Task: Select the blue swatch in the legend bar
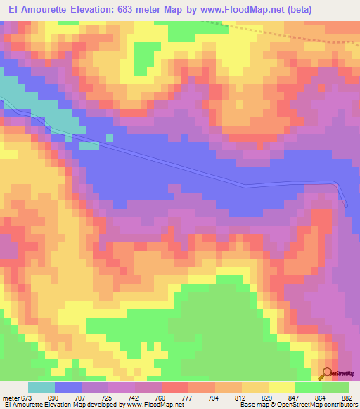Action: tap(67, 387)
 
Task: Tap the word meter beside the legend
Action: tap(12, 398)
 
